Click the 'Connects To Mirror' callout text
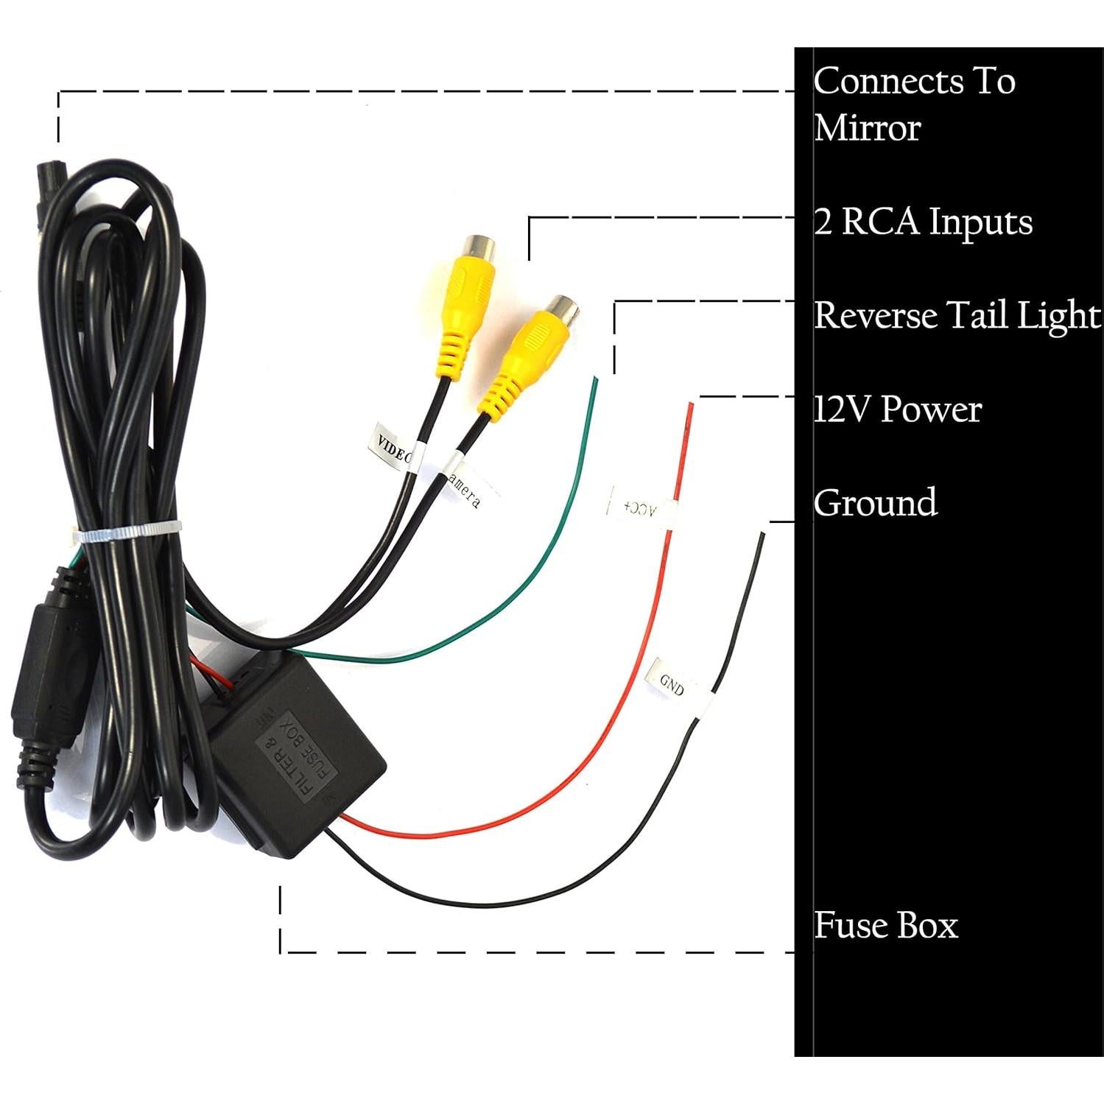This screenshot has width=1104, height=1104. coord(914,104)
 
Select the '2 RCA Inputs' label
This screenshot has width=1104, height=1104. coord(923,222)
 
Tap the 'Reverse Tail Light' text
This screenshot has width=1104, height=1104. coord(957,315)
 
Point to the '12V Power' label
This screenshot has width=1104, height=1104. coord(898,409)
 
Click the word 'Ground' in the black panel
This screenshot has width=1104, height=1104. coord(875,503)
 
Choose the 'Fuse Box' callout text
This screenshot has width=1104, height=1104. coord(885,926)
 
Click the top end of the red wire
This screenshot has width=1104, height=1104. coord(690,407)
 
